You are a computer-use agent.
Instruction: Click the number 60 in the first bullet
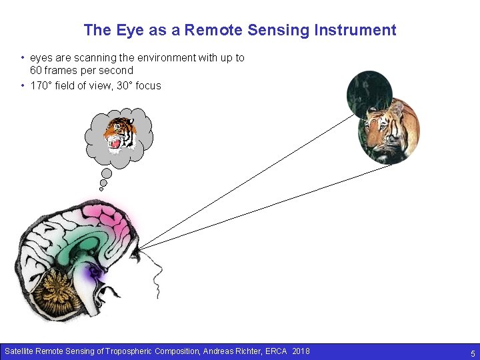37,70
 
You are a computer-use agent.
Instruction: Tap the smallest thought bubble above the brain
101,189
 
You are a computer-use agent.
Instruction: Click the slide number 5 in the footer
473,353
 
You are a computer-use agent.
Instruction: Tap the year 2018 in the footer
301,351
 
